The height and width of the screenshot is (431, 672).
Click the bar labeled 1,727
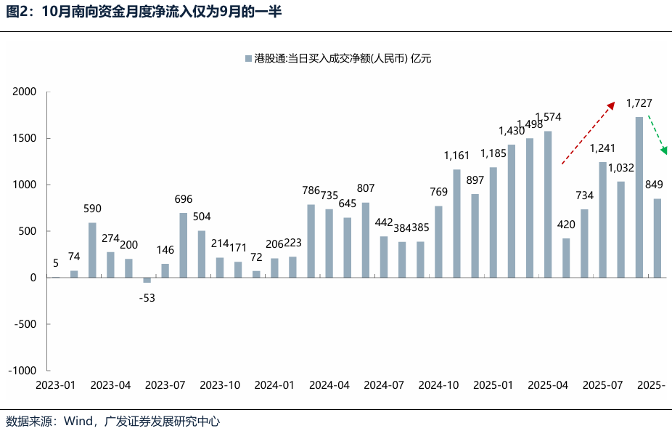pyautogui.click(x=639, y=197)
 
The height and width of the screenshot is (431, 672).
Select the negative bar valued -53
pyautogui.click(x=147, y=280)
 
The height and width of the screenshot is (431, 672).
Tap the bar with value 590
pyautogui.click(x=92, y=250)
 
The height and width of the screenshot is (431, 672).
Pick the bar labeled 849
pyautogui.click(x=657, y=238)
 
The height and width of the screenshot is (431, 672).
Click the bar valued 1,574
pyautogui.click(x=548, y=204)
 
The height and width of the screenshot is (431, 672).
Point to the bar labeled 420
pyautogui.click(x=566, y=258)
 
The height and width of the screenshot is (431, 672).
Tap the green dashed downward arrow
pyautogui.click(x=657, y=135)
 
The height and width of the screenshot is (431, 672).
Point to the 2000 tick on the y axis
pyautogui.click(x=25, y=92)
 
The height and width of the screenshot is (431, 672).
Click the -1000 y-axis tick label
pyautogui.click(x=22, y=371)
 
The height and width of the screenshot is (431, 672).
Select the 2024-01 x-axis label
pyautogui.click(x=274, y=385)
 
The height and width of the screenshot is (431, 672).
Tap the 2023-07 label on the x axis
pyautogui.click(x=165, y=385)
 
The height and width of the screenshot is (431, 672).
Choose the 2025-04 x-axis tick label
pyautogui.click(x=548, y=385)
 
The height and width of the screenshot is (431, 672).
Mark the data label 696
pyautogui.click(x=184, y=199)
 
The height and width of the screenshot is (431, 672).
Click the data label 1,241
pyautogui.click(x=603, y=148)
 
